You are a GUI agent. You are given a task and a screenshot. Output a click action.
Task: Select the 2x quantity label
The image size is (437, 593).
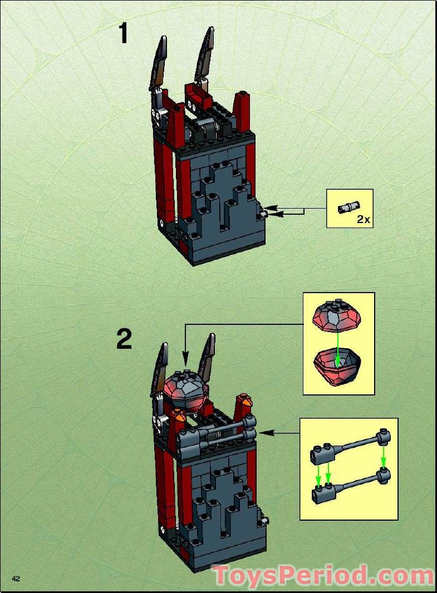[363, 219]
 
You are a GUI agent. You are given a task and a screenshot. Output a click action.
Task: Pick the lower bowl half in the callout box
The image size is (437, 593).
[338, 365]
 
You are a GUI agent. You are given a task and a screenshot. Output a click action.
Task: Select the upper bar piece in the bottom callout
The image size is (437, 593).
[348, 449]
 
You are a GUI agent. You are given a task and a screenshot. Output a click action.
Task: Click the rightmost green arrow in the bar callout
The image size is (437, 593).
[383, 458]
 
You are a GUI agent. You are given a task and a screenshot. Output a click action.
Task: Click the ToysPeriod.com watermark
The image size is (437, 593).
[323, 575]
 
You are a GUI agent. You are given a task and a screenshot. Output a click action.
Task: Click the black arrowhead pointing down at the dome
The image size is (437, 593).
[186, 355]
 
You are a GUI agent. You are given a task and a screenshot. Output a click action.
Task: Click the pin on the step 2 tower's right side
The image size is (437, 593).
[266, 521]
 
